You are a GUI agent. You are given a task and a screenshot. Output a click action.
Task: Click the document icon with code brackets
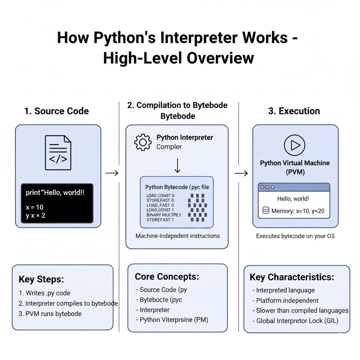[x=58, y=153]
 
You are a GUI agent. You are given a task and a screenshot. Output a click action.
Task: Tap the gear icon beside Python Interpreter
[x=143, y=142]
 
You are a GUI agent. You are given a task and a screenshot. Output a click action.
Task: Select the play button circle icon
[x=294, y=145]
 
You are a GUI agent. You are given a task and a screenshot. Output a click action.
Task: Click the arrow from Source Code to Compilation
[x=112, y=173]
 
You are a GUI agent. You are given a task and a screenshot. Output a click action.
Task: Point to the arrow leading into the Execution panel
[x=241, y=173]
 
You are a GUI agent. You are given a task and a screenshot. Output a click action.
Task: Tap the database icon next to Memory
[x=266, y=211]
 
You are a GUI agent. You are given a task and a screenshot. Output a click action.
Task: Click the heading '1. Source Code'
[x=57, y=111]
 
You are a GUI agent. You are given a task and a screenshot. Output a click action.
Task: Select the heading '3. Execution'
[x=294, y=111]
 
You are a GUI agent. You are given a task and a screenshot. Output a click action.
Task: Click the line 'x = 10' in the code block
[x=35, y=207]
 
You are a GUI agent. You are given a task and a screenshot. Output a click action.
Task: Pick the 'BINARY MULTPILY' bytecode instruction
[x=164, y=215]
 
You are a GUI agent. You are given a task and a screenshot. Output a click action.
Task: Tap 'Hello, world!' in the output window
[x=293, y=199]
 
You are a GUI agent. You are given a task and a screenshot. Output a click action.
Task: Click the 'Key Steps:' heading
[x=41, y=279]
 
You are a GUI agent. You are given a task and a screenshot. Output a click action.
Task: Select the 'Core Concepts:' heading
[x=167, y=277]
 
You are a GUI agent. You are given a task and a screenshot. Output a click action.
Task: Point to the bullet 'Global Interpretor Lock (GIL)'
[x=297, y=321]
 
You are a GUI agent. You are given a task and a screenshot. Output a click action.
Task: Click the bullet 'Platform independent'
[x=287, y=301]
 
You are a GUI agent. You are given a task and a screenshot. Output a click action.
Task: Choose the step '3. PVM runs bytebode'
[x=50, y=314]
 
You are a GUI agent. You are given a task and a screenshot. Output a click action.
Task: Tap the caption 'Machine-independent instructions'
[x=178, y=236]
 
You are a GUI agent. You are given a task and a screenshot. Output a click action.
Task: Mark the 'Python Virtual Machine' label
[x=295, y=163]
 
